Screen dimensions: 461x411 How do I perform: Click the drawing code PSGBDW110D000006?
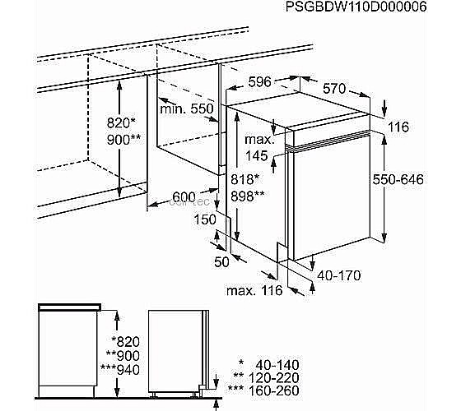[x=356, y=7]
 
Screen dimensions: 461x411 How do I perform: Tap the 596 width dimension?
[x=259, y=82]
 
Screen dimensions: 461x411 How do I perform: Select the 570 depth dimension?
[x=334, y=88]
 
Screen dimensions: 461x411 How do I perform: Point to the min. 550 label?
[x=187, y=109]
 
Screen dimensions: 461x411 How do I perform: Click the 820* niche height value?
[x=120, y=122]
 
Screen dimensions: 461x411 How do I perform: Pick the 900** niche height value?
[x=123, y=140]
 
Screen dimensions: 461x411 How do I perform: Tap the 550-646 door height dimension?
[x=398, y=179]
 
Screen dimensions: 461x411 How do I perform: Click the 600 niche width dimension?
[x=184, y=197]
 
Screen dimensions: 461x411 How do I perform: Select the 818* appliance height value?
[x=244, y=179]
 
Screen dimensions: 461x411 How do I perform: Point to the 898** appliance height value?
[x=248, y=196]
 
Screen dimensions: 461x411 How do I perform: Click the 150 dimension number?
[x=205, y=219]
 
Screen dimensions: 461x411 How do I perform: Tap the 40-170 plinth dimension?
[x=339, y=275]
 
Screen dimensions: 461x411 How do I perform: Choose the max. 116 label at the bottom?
[x=254, y=290]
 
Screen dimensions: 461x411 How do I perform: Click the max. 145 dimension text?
[x=259, y=147]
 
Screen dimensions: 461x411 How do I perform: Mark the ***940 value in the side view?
[x=120, y=370]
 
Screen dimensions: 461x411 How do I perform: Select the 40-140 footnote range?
[x=277, y=365]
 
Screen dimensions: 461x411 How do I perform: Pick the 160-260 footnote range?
[x=273, y=390]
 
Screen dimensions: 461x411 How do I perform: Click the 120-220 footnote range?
[x=273, y=378]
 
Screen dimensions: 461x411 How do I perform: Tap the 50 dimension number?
[x=221, y=262]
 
